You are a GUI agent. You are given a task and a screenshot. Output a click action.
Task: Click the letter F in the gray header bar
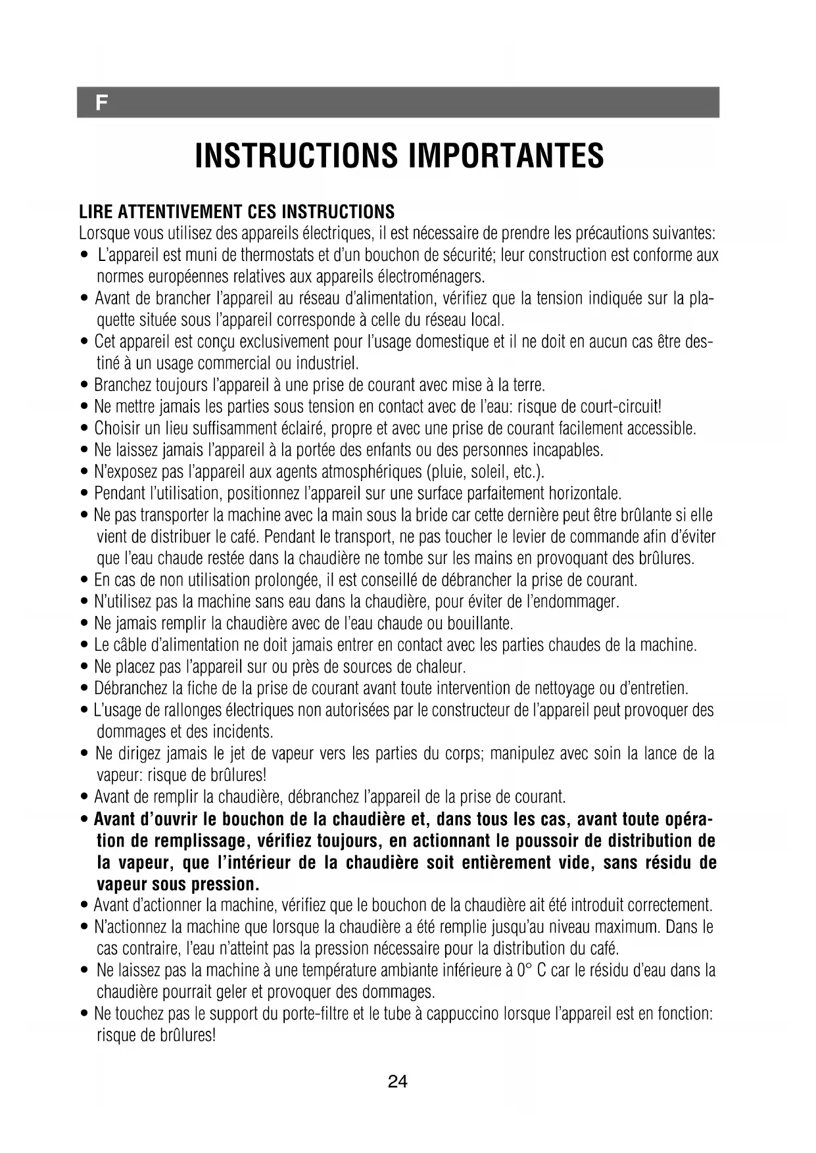pos(101,103)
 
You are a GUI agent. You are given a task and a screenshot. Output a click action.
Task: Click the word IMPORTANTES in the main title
pos(506,155)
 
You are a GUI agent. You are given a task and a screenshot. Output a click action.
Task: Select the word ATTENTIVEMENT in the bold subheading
pos(178,212)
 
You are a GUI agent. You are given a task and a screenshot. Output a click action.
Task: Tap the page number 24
pos(398,1081)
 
